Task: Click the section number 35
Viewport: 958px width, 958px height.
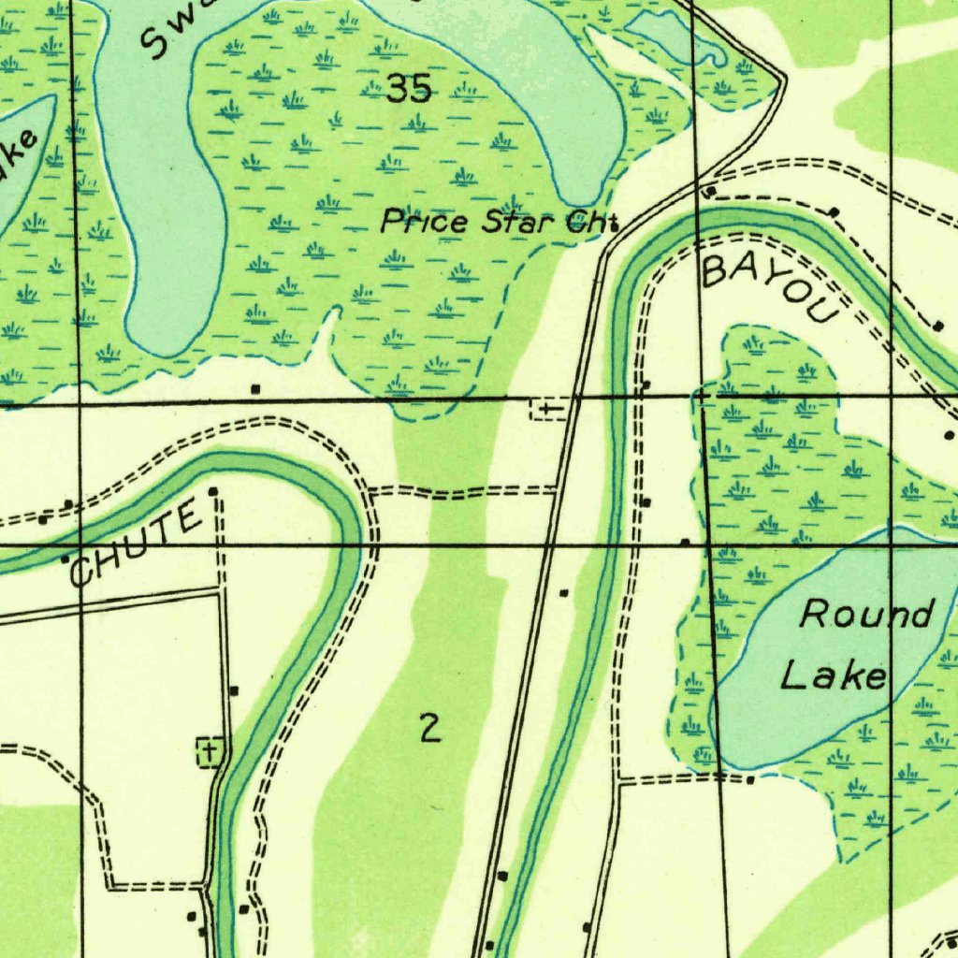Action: point(409,90)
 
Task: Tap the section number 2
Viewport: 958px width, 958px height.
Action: point(429,727)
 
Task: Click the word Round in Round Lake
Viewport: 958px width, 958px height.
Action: point(866,615)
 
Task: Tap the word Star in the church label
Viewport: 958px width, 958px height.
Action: point(519,223)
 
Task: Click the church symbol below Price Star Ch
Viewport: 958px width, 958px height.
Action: point(547,409)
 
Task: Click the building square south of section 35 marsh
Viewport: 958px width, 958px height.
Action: point(254,387)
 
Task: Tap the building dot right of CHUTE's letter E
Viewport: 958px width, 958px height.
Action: point(213,491)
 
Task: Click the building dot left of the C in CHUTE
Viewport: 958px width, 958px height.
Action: point(65,559)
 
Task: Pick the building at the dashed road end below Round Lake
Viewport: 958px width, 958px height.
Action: point(750,779)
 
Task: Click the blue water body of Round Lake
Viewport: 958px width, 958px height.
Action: point(823,711)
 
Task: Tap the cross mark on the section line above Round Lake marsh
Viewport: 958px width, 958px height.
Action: point(704,398)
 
